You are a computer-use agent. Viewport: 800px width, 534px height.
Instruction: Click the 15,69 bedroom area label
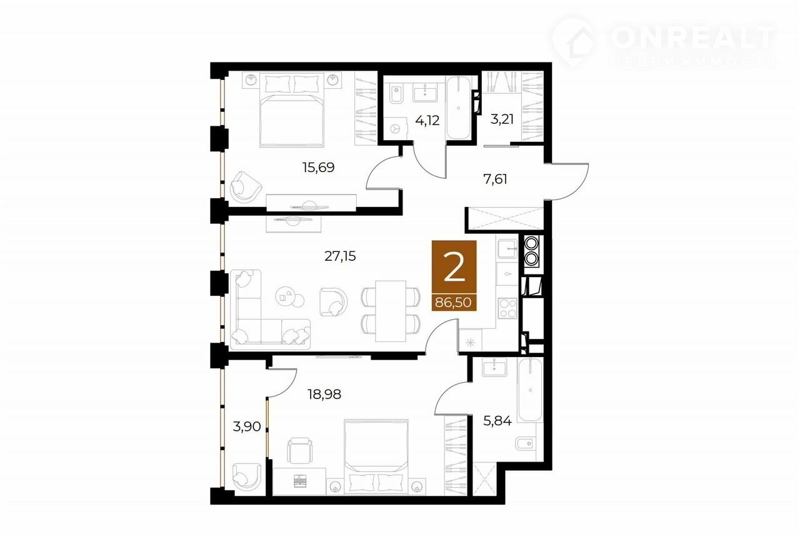click(318, 168)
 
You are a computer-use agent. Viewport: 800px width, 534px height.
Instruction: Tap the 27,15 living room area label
click(340, 256)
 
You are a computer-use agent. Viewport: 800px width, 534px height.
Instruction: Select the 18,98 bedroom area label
click(324, 395)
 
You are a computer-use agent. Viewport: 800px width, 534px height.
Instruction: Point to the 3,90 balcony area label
click(247, 426)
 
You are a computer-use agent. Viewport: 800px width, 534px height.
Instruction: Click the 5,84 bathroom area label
click(497, 421)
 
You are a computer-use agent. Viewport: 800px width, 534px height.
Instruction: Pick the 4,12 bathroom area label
click(427, 121)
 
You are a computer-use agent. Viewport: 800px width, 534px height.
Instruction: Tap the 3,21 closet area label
click(502, 119)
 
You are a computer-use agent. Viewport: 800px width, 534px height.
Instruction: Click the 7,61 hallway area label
click(495, 179)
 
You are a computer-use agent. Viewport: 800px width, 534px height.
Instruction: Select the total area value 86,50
click(453, 303)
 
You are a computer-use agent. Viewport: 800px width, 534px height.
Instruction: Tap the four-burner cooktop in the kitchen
click(507, 308)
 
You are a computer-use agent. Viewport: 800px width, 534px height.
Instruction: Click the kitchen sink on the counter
click(507, 249)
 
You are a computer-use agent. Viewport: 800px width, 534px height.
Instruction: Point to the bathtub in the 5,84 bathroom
click(531, 390)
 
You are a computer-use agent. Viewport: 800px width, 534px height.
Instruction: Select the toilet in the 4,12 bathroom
click(396, 94)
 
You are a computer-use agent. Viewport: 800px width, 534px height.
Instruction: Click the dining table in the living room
click(391, 311)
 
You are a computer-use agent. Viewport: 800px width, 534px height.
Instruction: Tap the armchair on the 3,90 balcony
click(246, 477)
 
